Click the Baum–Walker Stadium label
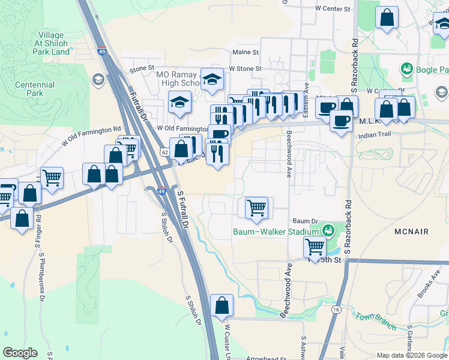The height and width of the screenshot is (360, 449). [x=275, y=232]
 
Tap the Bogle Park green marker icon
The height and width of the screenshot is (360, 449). [x=407, y=69]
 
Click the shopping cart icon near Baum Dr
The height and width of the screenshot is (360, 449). [x=256, y=208]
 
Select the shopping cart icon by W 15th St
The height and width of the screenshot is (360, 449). [x=315, y=245]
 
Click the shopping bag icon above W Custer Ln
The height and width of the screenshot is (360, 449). [x=221, y=305]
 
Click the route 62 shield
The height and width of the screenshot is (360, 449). [x=164, y=152]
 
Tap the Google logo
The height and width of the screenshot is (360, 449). [x=20, y=353]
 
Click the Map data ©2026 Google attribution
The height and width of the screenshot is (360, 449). [x=411, y=355]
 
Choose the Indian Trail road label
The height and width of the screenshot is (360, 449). [x=375, y=136]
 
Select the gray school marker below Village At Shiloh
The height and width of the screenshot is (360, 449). [x=98, y=80]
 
